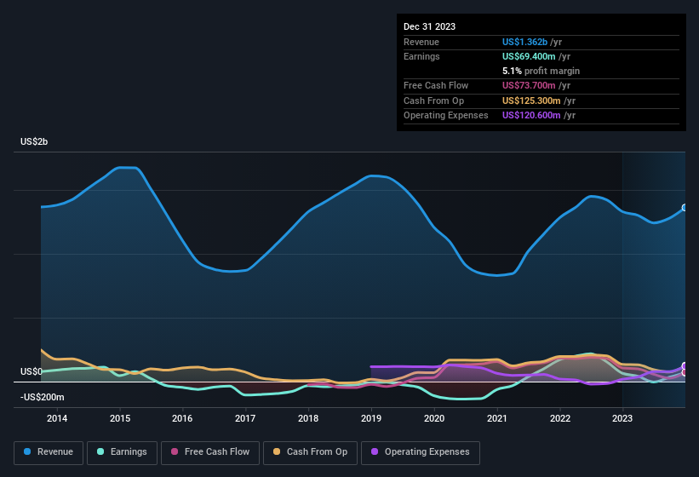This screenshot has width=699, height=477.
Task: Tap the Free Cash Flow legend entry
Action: coord(209,452)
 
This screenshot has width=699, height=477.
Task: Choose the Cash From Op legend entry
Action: coord(310,452)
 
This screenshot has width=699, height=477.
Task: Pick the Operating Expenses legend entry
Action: coord(421,452)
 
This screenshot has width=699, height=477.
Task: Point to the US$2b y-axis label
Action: coord(35,141)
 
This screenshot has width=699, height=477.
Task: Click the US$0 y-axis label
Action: coord(32,372)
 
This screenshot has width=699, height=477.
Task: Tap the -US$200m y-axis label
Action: coord(43,398)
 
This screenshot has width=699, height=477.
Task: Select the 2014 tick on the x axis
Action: coord(57,418)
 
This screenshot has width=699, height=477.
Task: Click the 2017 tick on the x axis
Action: coord(245,418)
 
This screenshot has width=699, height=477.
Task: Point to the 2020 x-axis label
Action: coord(434,418)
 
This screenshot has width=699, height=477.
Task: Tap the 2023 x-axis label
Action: coord(622,418)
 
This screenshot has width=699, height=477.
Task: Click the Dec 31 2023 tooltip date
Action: coord(430,26)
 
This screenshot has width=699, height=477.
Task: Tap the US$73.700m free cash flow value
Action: coord(530,86)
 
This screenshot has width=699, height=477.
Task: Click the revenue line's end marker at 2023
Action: coord(684,208)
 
